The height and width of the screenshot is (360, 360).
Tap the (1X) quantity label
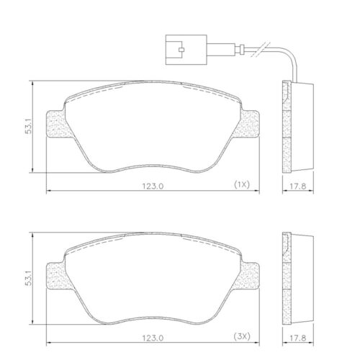tap(240, 185)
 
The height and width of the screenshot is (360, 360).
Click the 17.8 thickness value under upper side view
tap(295, 185)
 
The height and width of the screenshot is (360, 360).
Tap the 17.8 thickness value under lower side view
tap(295, 337)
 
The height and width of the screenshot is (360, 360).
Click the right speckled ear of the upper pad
tap(248, 127)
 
